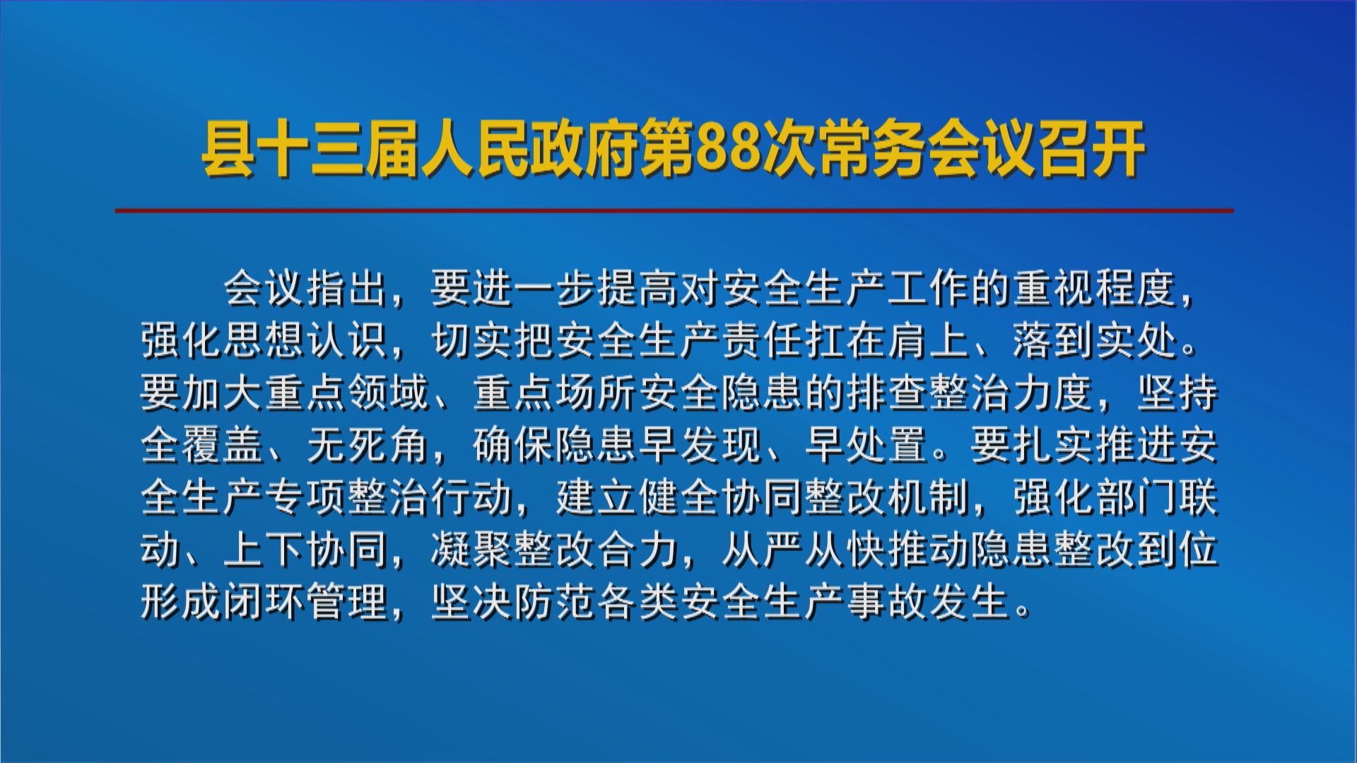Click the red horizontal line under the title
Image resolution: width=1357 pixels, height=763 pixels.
[x=674, y=210]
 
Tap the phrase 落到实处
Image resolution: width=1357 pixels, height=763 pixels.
[x=1095, y=340]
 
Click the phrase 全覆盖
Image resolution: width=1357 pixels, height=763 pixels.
[x=202, y=444]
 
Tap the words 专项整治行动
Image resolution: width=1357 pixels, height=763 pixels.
[x=389, y=497]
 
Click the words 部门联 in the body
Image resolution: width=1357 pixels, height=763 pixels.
[x=1157, y=497]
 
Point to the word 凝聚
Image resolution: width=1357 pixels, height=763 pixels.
[x=472, y=549]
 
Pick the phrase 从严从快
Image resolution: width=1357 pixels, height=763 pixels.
[x=805, y=549]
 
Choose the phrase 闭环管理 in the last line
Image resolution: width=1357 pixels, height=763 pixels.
[x=306, y=601]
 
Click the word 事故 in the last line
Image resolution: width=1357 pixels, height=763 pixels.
[x=887, y=601]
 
